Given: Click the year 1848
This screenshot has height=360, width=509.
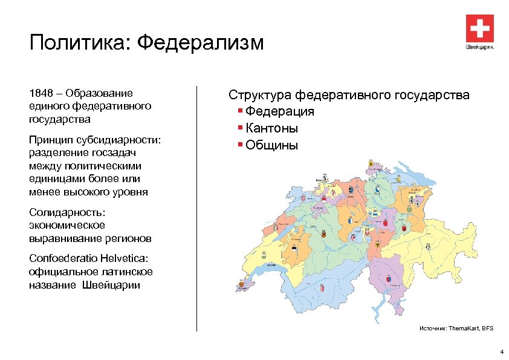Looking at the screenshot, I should click(41, 93).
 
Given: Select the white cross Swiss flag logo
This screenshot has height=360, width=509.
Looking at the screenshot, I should click(480, 28).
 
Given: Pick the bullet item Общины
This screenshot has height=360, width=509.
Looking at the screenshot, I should click(272, 145).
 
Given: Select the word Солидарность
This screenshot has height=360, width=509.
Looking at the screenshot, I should click(67, 212).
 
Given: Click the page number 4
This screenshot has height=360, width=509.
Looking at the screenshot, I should click(501, 352).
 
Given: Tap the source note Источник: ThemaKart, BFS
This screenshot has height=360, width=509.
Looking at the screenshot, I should click(456, 328).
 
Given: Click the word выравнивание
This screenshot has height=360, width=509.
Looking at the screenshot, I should click(60, 238).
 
